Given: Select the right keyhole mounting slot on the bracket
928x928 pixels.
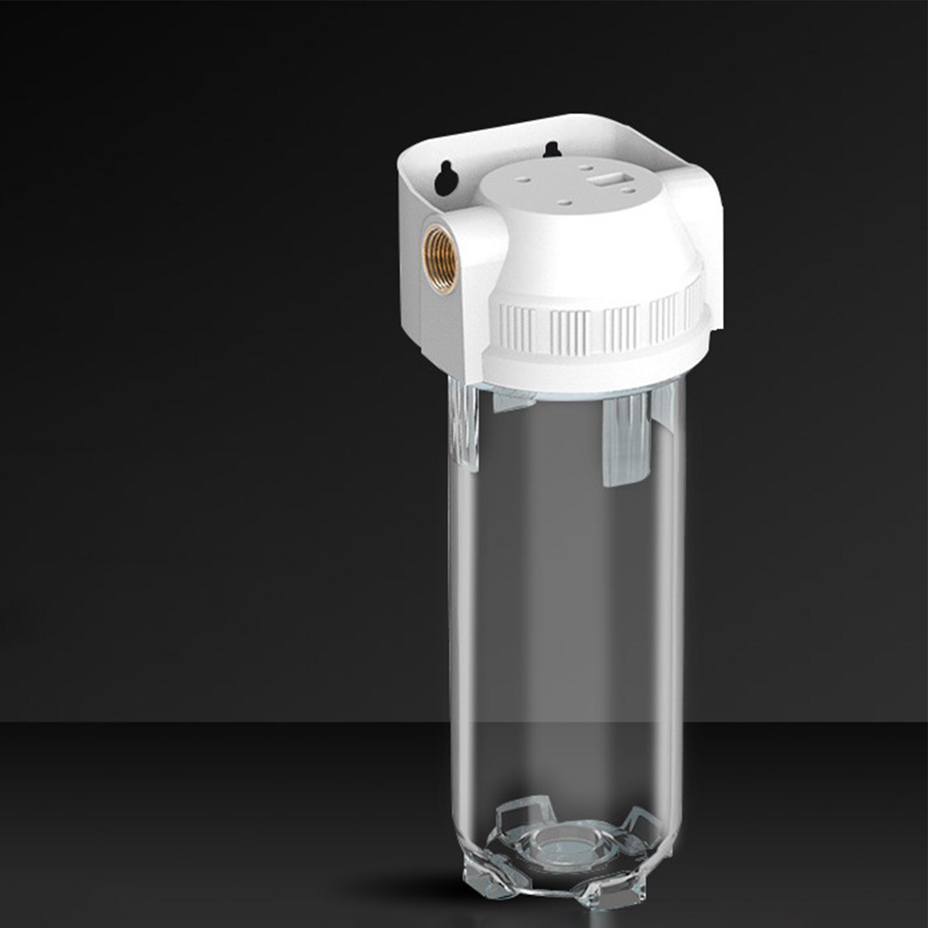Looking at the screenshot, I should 551,150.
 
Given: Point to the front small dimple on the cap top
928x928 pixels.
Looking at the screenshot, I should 565,202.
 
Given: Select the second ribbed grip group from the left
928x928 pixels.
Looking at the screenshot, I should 570,333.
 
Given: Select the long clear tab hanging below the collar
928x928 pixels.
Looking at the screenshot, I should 625,441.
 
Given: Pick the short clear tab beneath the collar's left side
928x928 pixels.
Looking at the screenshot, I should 513,400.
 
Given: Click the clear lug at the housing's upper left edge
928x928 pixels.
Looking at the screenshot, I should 464,423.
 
